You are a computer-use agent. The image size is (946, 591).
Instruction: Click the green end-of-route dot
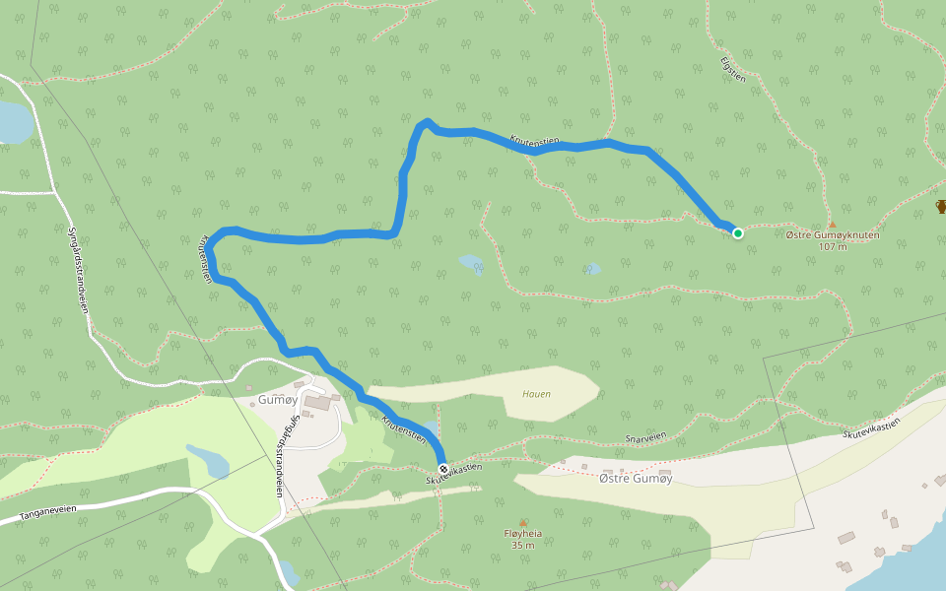tap(737, 233)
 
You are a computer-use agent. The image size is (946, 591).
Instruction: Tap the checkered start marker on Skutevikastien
tap(442, 469)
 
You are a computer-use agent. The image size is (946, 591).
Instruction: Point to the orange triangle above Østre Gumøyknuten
tap(832, 224)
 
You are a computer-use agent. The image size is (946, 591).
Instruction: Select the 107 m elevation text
tap(833, 246)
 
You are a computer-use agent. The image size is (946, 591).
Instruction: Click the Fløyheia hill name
tap(522, 534)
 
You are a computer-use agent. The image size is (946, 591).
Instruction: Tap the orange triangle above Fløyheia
tap(522, 522)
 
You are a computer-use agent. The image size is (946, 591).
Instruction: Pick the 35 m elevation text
tap(522, 545)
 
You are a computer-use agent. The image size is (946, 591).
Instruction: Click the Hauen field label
tap(536, 394)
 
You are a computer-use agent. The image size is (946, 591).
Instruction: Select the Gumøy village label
tap(276, 400)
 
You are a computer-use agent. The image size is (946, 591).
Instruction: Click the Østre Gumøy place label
tap(636, 477)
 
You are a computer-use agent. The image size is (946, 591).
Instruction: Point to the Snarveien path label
tap(645, 436)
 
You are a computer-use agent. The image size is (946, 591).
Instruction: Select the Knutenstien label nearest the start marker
tap(404, 428)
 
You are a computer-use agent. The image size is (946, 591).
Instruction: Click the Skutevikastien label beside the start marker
tap(454, 474)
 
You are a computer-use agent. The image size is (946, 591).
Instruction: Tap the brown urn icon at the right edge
tap(941, 207)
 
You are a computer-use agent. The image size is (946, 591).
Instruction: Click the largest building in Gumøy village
tap(317, 402)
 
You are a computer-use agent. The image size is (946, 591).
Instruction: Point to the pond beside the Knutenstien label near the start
tap(432, 430)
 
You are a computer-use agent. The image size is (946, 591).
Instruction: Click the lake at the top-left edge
tap(12, 122)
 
